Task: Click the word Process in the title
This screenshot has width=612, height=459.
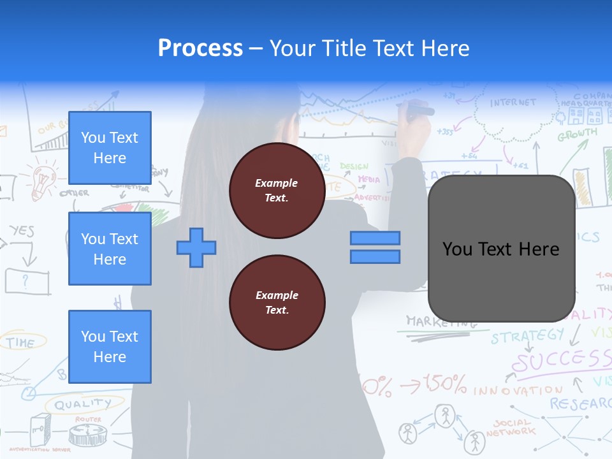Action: coord(200,48)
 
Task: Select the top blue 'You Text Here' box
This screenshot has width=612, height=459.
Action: coord(110,148)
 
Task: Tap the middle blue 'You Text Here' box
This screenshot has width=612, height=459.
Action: coord(110,249)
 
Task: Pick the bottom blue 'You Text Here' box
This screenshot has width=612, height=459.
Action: coord(110,346)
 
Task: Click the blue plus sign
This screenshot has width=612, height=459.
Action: coord(196,247)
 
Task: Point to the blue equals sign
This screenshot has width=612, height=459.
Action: coord(375,247)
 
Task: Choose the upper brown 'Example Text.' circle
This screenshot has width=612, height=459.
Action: coord(277,191)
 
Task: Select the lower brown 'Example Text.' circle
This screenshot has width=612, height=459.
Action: coord(277,303)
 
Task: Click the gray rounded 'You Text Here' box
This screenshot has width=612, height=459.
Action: coord(501,249)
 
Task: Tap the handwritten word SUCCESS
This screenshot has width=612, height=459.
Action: coord(561,361)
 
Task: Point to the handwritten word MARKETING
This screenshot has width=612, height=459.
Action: coord(440,321)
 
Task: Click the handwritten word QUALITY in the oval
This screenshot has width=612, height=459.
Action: coord(83,404)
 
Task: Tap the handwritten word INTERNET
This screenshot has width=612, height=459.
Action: coord(513,103)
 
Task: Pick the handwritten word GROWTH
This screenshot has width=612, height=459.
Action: coord(578,135)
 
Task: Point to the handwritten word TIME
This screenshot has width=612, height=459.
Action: coord(20,343)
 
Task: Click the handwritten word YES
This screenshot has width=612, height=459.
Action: coord(22,231)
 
